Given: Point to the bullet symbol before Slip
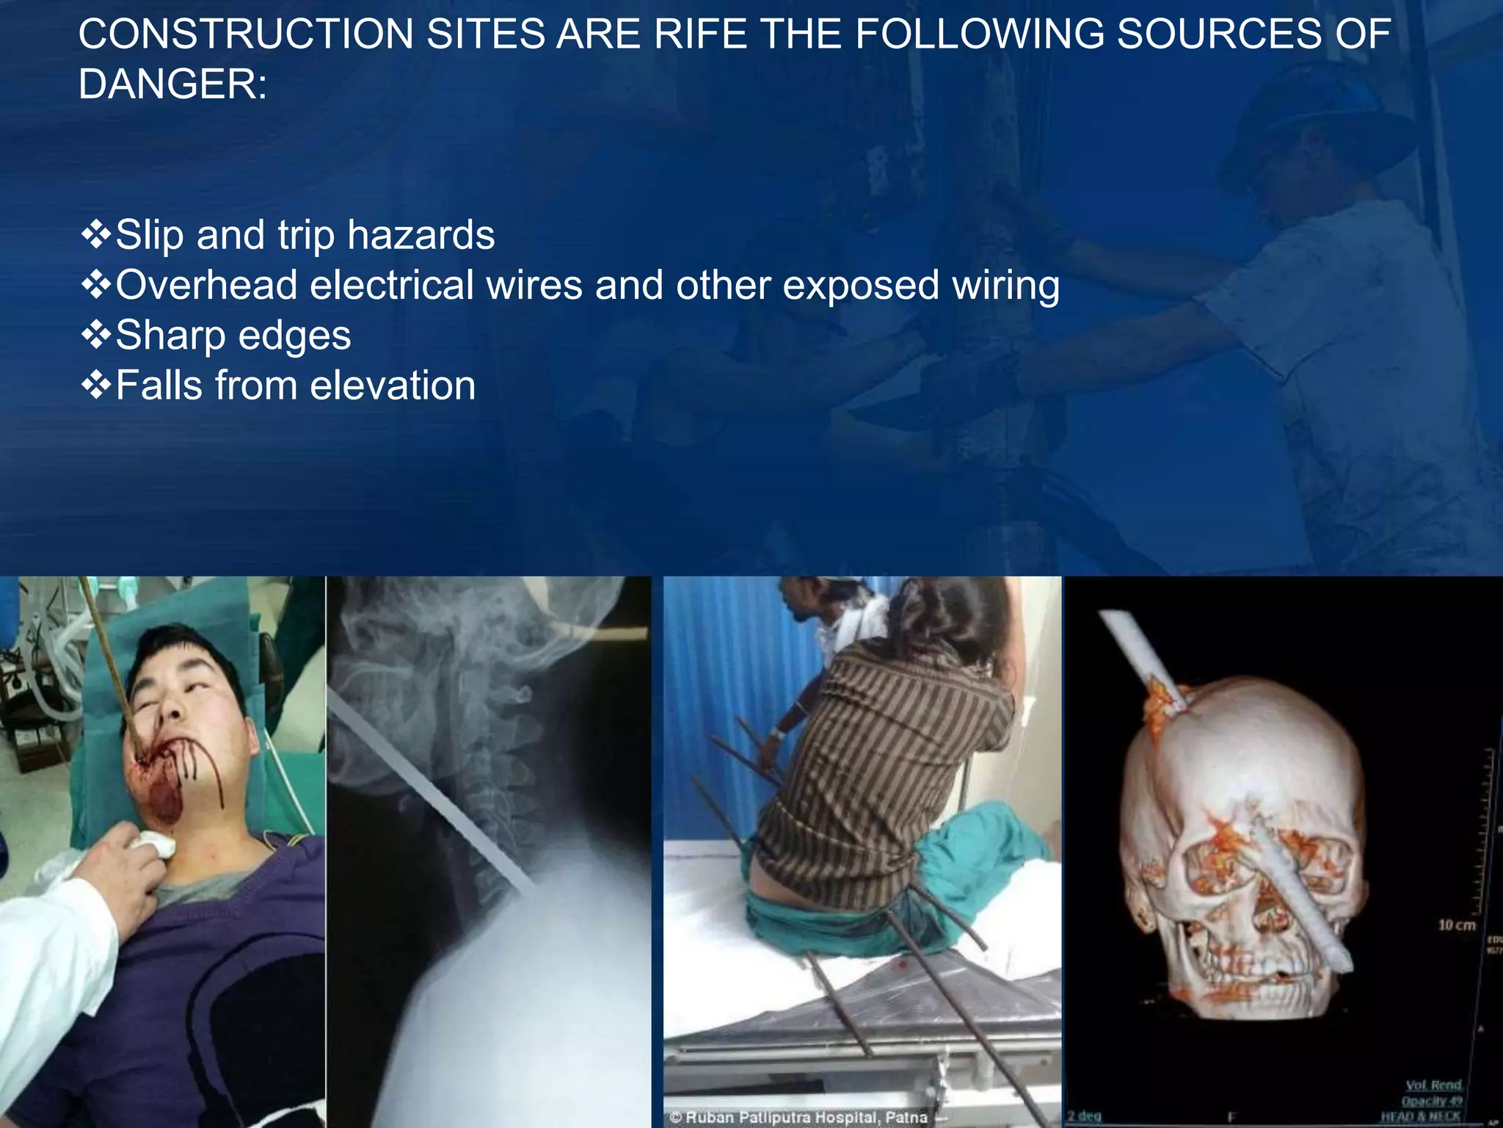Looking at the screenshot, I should coord(95,235).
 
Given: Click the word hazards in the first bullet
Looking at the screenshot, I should coord(421,235).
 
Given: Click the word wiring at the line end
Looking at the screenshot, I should coord(1005,286).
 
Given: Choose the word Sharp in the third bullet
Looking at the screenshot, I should coord(171,336).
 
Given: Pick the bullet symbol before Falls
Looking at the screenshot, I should coord(95,386).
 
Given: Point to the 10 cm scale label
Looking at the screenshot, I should coord(1456,925).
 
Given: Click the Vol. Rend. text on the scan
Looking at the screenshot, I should coord(1433,1085).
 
